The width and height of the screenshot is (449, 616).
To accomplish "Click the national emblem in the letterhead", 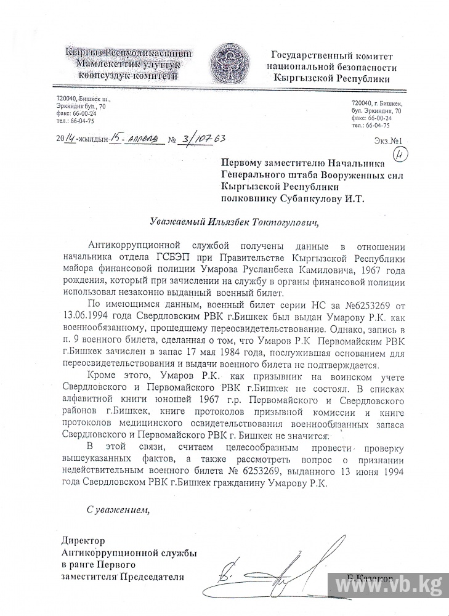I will [x=230, y=64].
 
